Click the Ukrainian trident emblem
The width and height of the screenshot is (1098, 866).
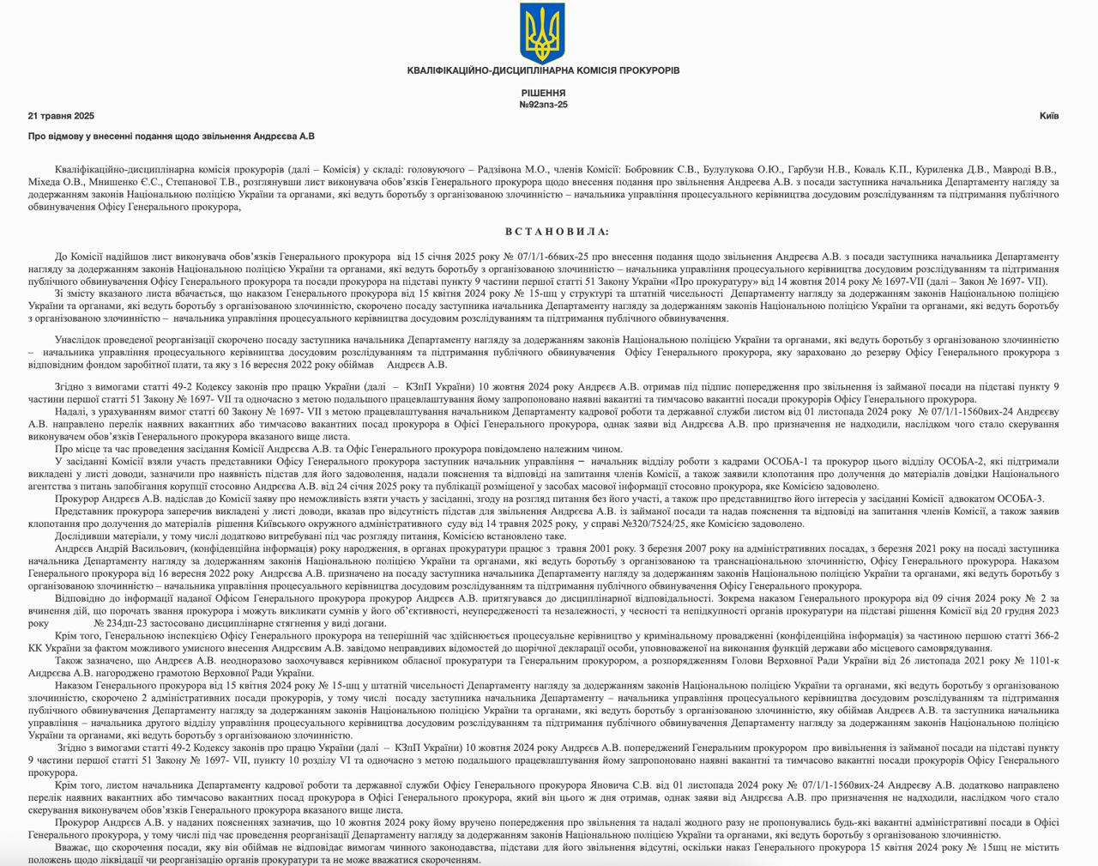coord(542,32)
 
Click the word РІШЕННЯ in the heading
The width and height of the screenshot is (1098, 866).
coord(543,93)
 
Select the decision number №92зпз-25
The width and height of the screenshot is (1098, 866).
coord(543,105)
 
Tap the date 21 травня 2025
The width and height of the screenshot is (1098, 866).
coord(61,116)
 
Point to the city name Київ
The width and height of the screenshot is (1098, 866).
coord(1048,116)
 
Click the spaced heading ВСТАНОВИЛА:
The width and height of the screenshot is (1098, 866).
coord(558,232)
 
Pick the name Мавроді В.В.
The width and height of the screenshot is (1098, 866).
coord(1028,170)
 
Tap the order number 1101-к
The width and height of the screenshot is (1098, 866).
coord(1037,661)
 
